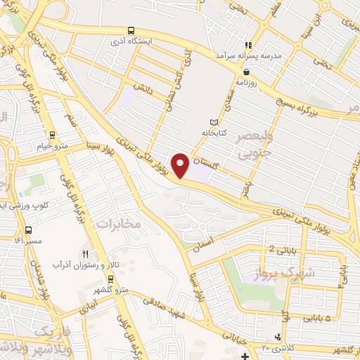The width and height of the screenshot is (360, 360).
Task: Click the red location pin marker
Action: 181,165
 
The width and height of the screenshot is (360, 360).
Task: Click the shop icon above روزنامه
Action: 246,71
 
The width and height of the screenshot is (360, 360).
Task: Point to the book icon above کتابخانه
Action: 214,122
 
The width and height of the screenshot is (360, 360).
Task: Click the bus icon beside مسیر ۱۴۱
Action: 29,229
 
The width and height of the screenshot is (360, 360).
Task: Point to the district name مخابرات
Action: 118,224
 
